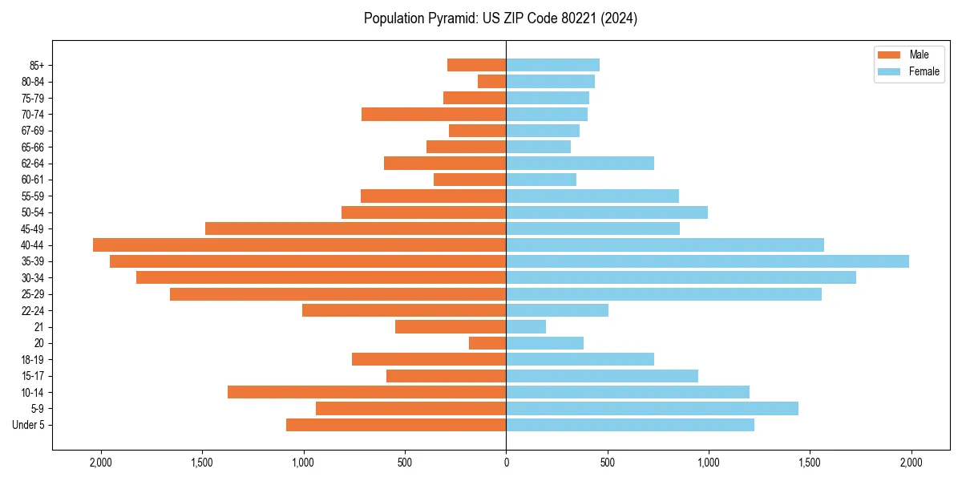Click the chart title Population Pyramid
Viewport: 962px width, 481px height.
pyautogui.click(x=500, y=18)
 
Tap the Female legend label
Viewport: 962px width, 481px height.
pyautogui.click(x=924, y=71)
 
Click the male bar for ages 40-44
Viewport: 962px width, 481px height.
pyautogui.click(x=299, y=245)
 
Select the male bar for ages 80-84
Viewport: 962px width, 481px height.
pyautogui.click(x=491, y=82)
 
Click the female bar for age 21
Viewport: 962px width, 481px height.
pyautogui.click(x=526, y=327)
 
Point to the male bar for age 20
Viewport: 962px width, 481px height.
pyautogui.click(x=487, y=343)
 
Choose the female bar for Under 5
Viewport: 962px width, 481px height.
pyautogui.click(x=630, y=425)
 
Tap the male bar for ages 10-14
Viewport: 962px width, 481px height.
pyautogui.click(x=366, y=392)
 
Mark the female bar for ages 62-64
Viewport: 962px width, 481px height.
pyautogui.click(x=580, y=164)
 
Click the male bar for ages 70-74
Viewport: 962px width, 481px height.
pyautogui.click(x=434, y=115)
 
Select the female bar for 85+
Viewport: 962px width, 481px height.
pyautogui.click(x=552, y=65)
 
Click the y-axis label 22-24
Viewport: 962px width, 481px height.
pyautogui.click(x=32, y=311)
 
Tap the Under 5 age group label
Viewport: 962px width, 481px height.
pyautogui.click(x=28, y=425)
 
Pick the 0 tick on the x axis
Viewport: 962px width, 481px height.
pyautogui.click(x=506, y=463)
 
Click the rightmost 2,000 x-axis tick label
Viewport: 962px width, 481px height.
pyautogui.click(x=911, y=463)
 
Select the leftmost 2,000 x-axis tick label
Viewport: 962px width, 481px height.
pyautogui.click(x=101, y=463)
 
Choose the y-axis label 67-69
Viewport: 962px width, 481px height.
pyautogui.click(x=32, y=131)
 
